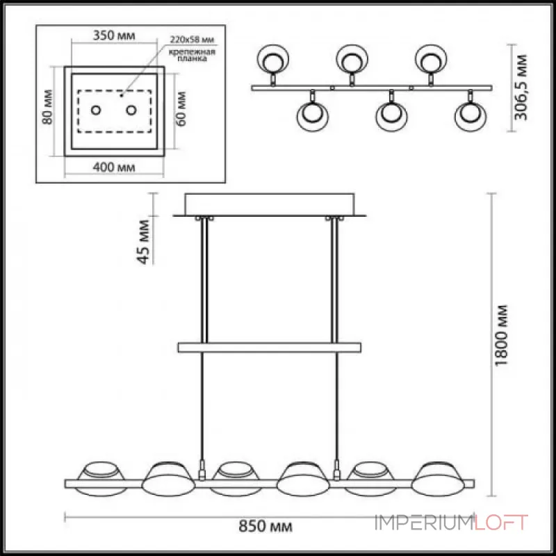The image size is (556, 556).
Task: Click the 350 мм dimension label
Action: tap(114, 36)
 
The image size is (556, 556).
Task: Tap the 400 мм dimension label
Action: tap(114, 167)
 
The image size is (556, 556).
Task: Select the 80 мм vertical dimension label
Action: tap(47, 107)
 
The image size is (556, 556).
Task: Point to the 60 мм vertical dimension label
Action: tap(181, 108)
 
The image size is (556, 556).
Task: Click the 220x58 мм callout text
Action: tap(192, 39)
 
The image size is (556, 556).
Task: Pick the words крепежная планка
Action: tap(192, 56)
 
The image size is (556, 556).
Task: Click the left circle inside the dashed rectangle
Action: tap(96, 111)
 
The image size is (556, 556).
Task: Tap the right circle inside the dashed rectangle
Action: tap(131, 111)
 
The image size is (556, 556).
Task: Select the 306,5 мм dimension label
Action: tap(521, 88)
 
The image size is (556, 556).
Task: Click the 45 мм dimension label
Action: tap(144, 242)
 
